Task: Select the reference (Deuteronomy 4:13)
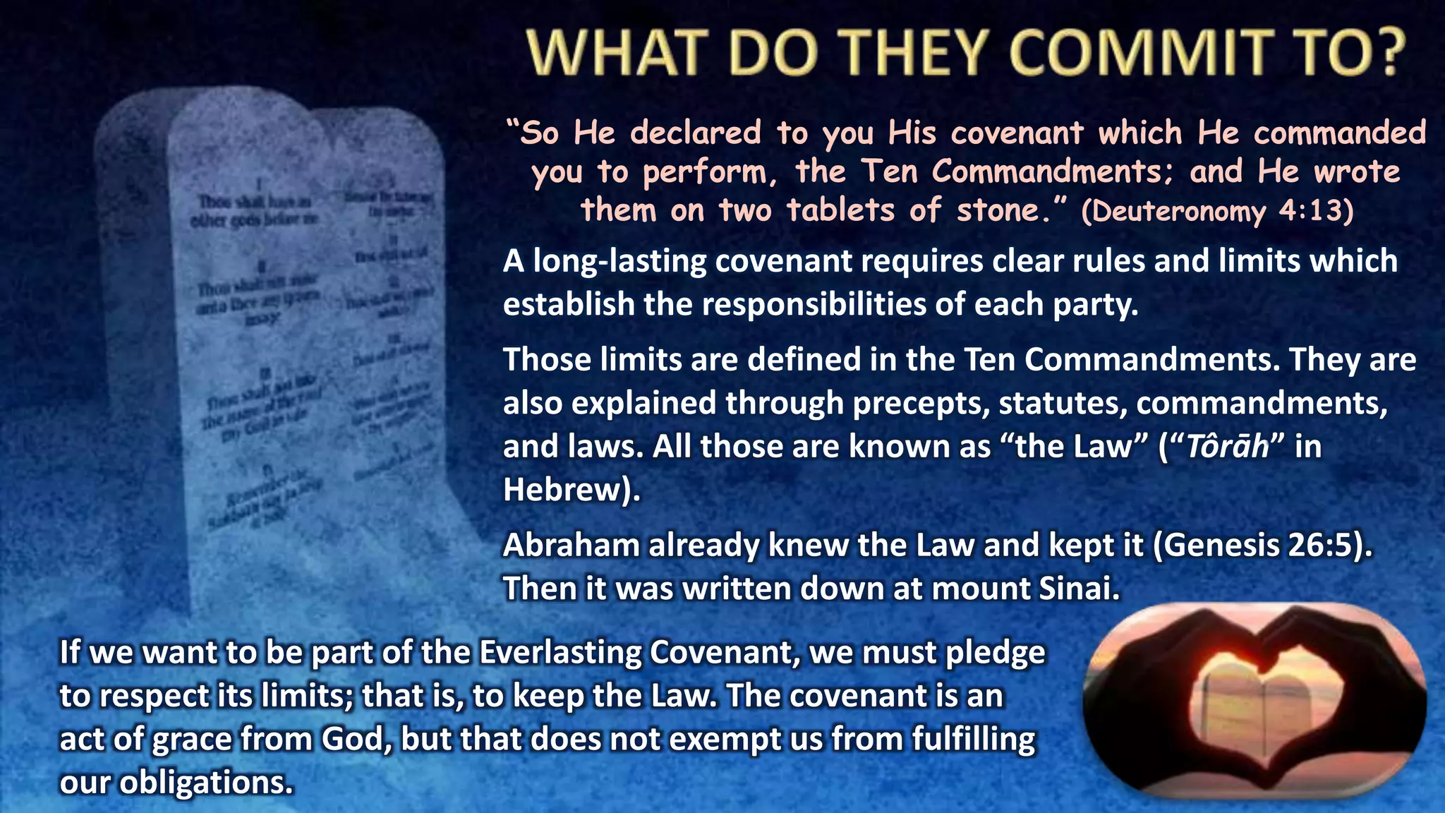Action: tap(1217, 211)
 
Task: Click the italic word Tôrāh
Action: tap(1227, 447)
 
